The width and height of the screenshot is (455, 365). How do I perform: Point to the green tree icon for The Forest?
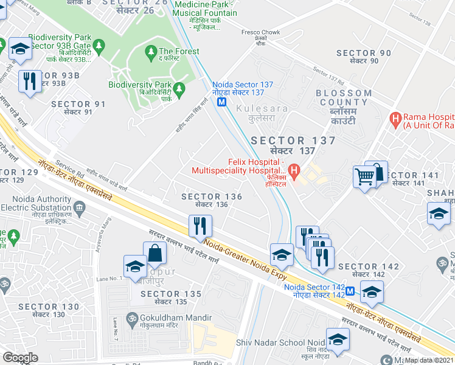point(151,54)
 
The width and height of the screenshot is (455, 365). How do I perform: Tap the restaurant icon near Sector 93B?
point(30,81)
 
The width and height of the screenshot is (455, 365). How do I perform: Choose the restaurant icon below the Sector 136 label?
point(200,226)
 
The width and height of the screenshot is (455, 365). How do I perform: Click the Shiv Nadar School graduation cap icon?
point(338,339)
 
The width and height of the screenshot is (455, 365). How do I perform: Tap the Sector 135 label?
point(170,297)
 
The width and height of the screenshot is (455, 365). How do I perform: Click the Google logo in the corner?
point(20,358)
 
